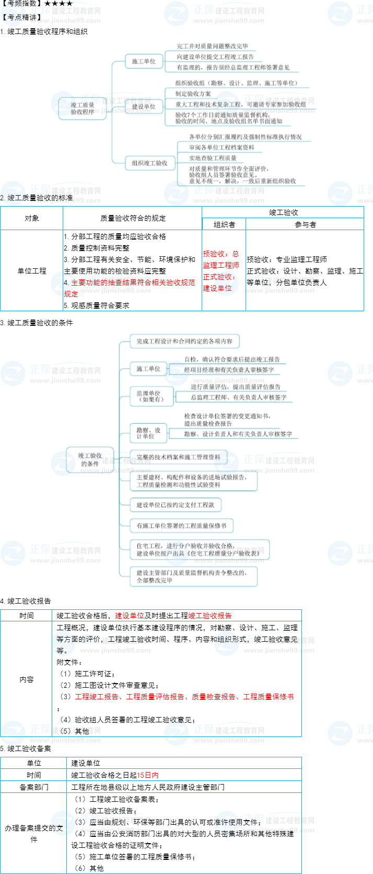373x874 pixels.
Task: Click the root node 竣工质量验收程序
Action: (83, 108)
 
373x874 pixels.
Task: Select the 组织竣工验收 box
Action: (149, 163)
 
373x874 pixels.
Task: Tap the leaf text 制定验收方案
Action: (193, 94)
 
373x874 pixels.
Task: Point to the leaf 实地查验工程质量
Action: (213, 158)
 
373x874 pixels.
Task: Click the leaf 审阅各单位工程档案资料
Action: (222, 147)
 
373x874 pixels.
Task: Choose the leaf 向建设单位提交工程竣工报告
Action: (215, 56)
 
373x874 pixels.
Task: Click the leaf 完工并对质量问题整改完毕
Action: (212, 46)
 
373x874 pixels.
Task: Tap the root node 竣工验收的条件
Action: (90, 460)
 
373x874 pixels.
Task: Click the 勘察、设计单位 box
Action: (148, 433)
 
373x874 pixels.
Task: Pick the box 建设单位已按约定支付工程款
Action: (176, 505)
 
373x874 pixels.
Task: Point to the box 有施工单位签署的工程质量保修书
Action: (181, 526)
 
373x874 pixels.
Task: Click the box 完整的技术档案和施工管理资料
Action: (178, 457)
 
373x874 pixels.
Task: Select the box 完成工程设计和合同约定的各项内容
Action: (184, 342)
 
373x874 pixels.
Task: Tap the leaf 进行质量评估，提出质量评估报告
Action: (236, 387)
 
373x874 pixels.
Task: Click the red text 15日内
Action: (148, 775)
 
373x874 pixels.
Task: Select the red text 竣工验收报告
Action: (210, 616)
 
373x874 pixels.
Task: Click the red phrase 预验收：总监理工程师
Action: (221, 259)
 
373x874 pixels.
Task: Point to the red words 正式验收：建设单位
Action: (218, 282)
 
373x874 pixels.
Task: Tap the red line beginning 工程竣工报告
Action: (184, 697)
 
